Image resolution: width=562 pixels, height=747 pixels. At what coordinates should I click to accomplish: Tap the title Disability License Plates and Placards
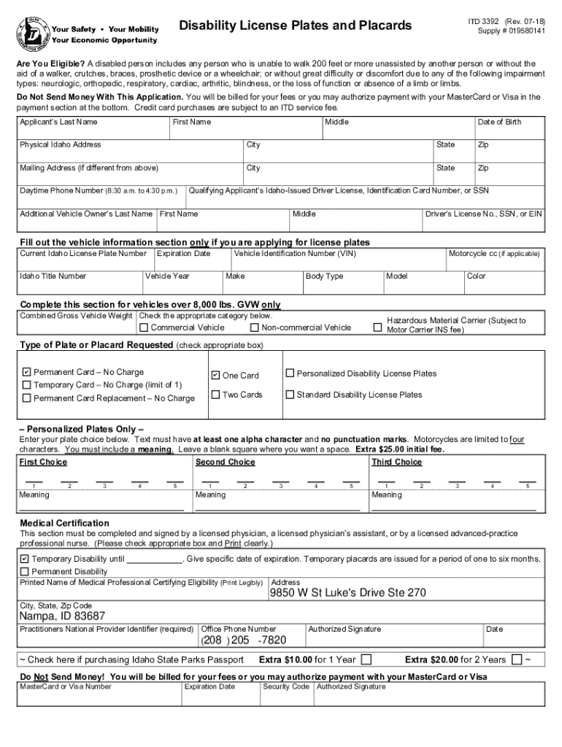click(x=296, y=26)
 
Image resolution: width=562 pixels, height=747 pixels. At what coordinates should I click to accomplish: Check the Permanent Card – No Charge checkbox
click(x=27, y=372)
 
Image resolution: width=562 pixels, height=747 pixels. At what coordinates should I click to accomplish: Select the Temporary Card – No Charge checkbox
click(x=27, y=385)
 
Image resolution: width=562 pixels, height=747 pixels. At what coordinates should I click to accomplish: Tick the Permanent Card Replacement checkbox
click(x=27, y=398)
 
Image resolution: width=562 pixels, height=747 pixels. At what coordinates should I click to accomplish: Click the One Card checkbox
click(x=215, y=375)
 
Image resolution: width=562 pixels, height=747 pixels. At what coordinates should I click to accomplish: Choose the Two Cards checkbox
click(x=215, y=395)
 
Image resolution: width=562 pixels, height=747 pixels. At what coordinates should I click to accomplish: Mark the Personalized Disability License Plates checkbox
click(x=290, y=373)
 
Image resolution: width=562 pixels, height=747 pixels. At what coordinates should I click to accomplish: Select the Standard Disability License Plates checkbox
click(x=290, y=395)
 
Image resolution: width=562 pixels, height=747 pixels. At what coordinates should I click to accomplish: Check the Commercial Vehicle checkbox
click(x=144, y=328)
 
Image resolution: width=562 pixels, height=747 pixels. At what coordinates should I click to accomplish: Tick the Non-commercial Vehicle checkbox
click(x=254, y=328)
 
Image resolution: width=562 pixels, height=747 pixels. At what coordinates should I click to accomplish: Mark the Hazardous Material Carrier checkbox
click(x=377, y=328)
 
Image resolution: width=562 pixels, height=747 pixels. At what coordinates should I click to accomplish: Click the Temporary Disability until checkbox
click(x=25, y=559)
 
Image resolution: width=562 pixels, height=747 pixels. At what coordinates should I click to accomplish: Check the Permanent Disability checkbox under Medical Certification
click(x=25, y=571)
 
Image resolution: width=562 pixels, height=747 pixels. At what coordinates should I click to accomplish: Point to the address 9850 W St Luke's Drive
click(x=347, y=593)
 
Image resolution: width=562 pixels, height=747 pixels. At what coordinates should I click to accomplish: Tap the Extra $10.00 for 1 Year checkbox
click(x=366, y=659)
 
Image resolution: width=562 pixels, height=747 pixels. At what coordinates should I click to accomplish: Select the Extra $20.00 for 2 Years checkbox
click(x=517, y=659)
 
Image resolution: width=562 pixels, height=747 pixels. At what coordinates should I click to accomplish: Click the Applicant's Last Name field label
click(x=58, y=122)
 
